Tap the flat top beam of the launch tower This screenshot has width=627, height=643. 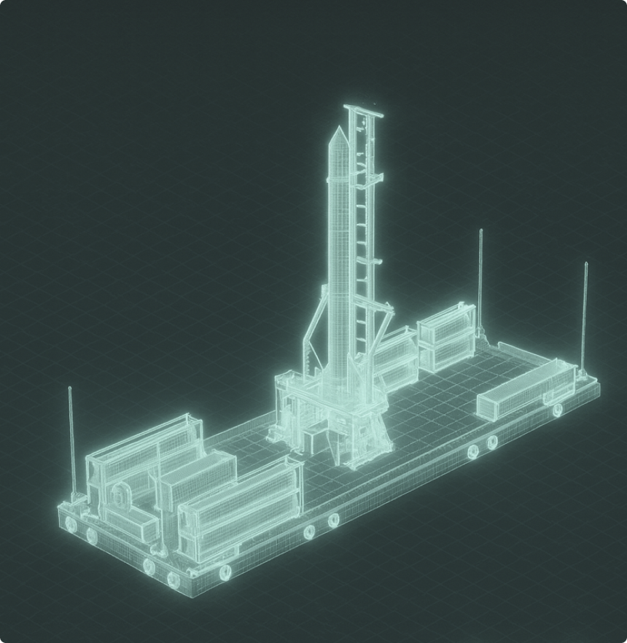pyautogui.click(x=364, y=110)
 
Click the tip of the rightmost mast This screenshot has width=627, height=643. pyautogui.click(x=585, y=265)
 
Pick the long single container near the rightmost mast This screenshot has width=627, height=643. pyautogui.click(x=526, y=389)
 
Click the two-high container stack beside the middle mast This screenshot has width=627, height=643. pyautogui.click(x=446, y=336)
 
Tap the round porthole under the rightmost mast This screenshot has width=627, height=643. pyautogui.click(x=558, y=410)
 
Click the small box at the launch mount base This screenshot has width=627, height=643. pyautogui.click(x=313, y=440)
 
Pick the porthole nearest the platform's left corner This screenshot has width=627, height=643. pyautogui.click(x=70, y=523)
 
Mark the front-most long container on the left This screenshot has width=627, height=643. pyautogui.click(x=241, y=504)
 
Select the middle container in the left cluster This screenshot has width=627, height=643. pyautogui.click(x=197, y=478)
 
